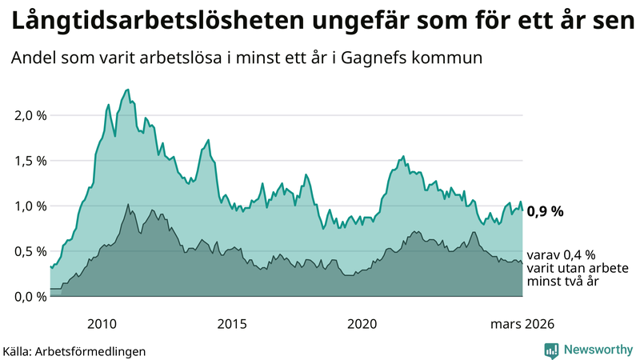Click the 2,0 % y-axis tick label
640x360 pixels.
(30, 115)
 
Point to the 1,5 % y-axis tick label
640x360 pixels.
(30, 161)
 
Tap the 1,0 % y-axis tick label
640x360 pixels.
(30, 206)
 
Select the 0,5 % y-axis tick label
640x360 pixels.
(30, 251)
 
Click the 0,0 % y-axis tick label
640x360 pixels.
(30, 297)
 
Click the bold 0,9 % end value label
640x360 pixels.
(546, 212)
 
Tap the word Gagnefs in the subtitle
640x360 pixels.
(393, 59)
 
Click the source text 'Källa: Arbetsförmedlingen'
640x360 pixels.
(74, 350)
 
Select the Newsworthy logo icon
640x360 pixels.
(551, 350)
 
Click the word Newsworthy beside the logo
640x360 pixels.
(598, 350)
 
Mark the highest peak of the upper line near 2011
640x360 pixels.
(129, 90)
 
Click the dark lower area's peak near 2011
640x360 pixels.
(128, 205)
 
